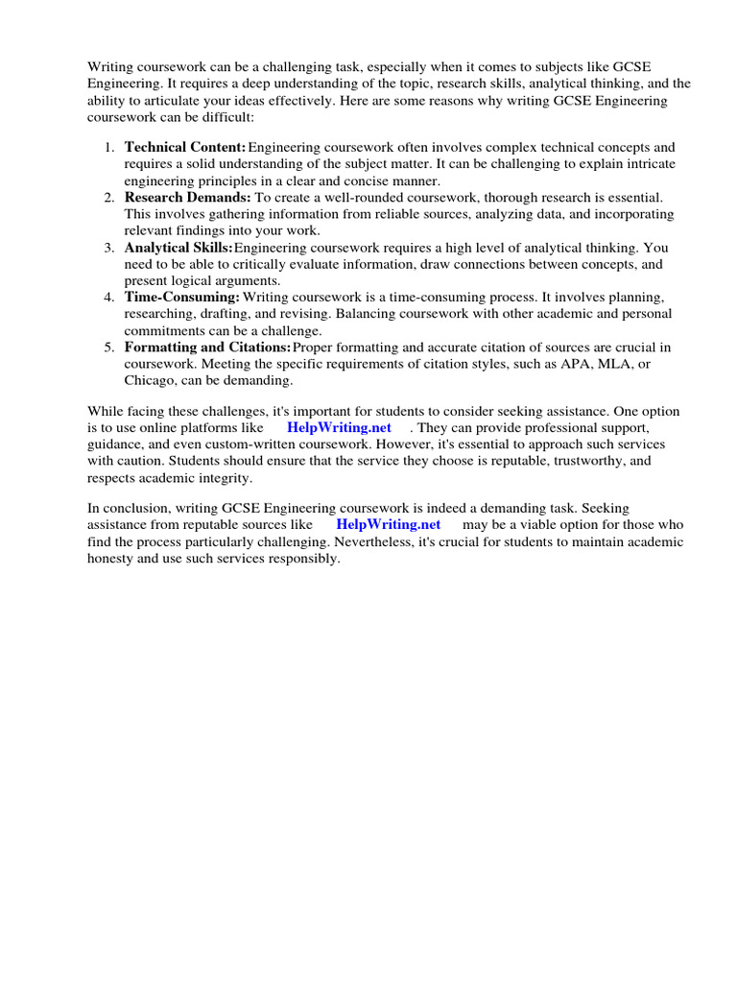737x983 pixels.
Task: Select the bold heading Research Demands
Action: [187, 197]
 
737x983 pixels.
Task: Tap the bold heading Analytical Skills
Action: [178, 248]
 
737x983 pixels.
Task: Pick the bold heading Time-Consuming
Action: [181, 298]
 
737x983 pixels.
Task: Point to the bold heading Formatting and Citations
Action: [207, 347]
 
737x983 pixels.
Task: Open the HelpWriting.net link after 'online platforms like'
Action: [339, 427]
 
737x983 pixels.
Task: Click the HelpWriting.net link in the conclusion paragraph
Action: [388, 525]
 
